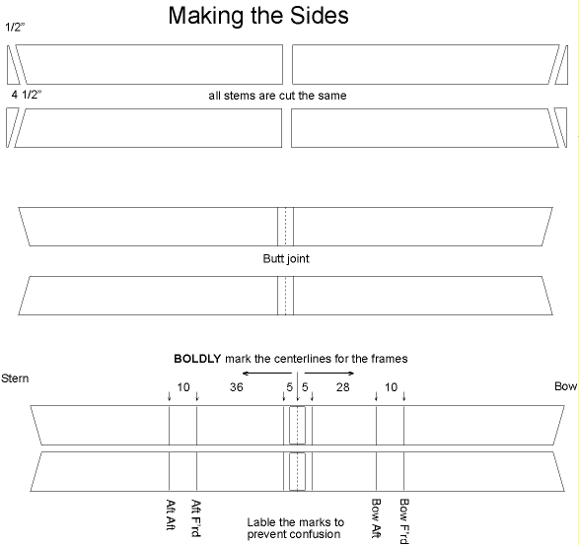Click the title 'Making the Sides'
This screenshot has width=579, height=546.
pos(258,16)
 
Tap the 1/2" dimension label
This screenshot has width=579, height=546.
pos(15,28)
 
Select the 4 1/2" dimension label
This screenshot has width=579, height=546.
pos(27,95)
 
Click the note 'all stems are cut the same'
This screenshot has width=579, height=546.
pos(277,96)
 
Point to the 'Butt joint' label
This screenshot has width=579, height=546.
pos(286,258)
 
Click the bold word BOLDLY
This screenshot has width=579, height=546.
pos(197,359)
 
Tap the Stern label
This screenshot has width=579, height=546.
pos(15,378)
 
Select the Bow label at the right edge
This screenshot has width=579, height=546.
pos(566,386)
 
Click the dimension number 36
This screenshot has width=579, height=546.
pos(237,387)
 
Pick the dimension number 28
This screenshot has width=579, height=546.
pos(342,387)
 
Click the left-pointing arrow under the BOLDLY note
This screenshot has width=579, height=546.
pos(267,374)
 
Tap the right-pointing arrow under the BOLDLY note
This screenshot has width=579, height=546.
pos(329,374)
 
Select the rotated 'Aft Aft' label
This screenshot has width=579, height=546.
pos(171,514)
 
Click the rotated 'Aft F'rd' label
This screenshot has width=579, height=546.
pos(195,518)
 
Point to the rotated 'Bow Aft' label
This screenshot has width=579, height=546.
pos(376,518)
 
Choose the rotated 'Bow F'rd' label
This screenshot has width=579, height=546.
pos(404,521)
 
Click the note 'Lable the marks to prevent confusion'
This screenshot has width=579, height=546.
pos(295,528)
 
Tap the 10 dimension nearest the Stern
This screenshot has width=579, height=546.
pos(183,387)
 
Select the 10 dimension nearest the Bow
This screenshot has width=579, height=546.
pos(391,387)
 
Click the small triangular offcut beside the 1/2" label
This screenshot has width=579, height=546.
pos(11,70)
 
